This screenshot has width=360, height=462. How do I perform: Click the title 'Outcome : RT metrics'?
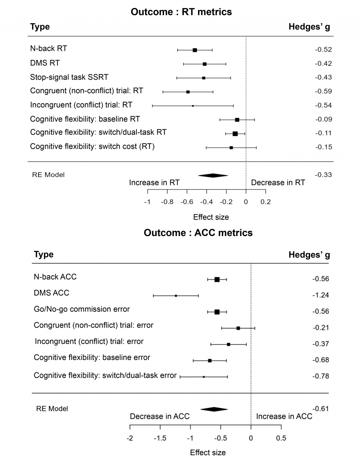(x=181, y=12)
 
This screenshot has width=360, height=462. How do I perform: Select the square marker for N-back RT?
(x=195, y=50)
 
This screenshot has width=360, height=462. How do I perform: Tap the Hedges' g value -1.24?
(x=320, y=295)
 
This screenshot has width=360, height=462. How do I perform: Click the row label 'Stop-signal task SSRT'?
(x=69, y=77)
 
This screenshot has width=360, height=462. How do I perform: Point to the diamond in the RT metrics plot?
(x=213, y=175)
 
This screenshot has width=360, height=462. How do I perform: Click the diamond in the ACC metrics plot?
(x=214, y=409)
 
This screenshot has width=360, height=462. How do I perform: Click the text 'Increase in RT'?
(x=154, y=183)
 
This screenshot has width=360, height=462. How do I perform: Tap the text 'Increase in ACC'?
(x=284, y=416)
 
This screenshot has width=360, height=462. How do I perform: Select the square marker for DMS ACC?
(x=176, y=296)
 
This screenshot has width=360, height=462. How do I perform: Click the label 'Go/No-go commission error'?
(x=82, y=309)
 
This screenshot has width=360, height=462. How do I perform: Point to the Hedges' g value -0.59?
(x=323, y=91)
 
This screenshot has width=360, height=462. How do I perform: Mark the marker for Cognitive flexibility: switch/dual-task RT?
(x=235, y=134)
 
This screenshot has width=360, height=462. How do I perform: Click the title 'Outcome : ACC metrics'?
(x=198, y=233)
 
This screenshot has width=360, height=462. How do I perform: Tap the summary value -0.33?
(x=323, y=175)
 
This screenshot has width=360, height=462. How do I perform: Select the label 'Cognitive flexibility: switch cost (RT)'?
(x=92, y=147)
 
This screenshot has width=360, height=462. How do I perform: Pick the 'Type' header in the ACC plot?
(x=44, y=255)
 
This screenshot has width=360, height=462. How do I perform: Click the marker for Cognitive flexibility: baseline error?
(x=210, y=360)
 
